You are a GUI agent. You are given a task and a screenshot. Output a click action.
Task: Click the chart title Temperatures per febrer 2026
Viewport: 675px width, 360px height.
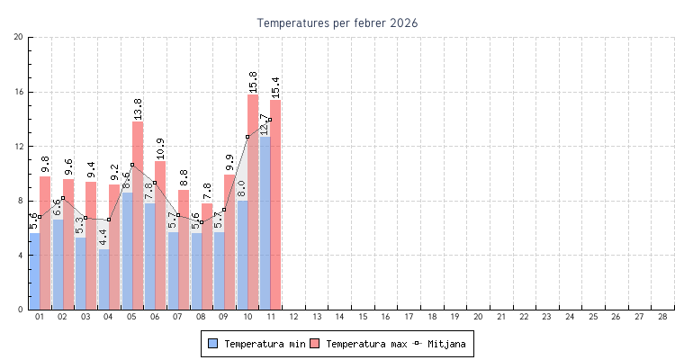coord(337,22)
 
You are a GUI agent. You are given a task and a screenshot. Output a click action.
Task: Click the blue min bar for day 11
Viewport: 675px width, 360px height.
coord(265,225)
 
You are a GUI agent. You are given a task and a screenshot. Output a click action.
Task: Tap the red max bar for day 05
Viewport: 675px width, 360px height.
coord(138,216)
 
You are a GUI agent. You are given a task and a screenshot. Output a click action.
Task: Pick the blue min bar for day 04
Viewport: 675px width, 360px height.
coord(104,279)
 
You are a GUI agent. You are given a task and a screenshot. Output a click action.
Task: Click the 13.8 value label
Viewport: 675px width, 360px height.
coord(138,109)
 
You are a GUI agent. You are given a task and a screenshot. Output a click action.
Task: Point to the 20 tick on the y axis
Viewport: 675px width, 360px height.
coord(19,37)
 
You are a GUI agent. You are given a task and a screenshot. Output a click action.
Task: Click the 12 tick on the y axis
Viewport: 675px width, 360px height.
coord(19,146)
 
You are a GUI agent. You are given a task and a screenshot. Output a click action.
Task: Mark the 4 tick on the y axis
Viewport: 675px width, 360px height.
coord(21,256)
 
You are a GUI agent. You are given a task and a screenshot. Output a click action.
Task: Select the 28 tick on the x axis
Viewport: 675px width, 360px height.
coord(662,317)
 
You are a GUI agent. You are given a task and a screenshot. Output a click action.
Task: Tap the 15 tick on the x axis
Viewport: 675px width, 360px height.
coord(363,317)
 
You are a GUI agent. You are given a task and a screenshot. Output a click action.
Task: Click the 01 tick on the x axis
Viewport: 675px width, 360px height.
coord(40,317)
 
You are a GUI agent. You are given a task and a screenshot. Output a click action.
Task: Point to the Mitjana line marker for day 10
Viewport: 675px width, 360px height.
coord(247,137)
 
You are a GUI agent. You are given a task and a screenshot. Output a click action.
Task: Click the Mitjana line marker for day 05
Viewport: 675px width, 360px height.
coord(132,165)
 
